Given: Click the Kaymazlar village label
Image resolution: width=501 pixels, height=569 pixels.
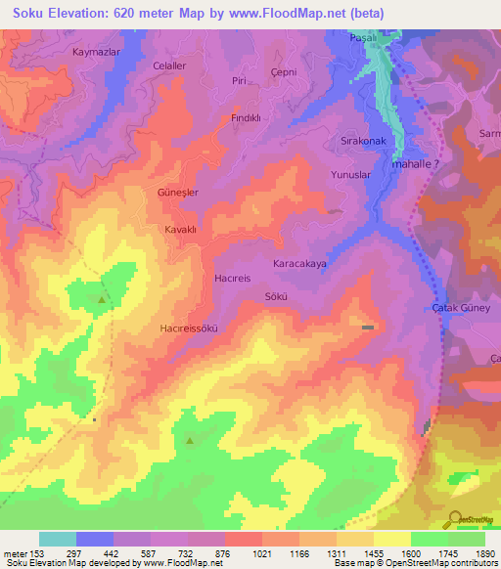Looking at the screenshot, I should (95, 51).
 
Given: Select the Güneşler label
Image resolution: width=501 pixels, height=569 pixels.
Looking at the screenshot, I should (178, 193).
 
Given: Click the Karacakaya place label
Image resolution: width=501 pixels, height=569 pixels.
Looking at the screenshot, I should (298, 264).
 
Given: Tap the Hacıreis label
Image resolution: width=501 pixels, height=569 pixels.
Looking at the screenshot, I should (233, 279).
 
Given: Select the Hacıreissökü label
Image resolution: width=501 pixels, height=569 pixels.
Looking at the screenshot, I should (187, 328).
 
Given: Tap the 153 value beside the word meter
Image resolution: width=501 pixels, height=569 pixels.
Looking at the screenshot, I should (38, 553).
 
